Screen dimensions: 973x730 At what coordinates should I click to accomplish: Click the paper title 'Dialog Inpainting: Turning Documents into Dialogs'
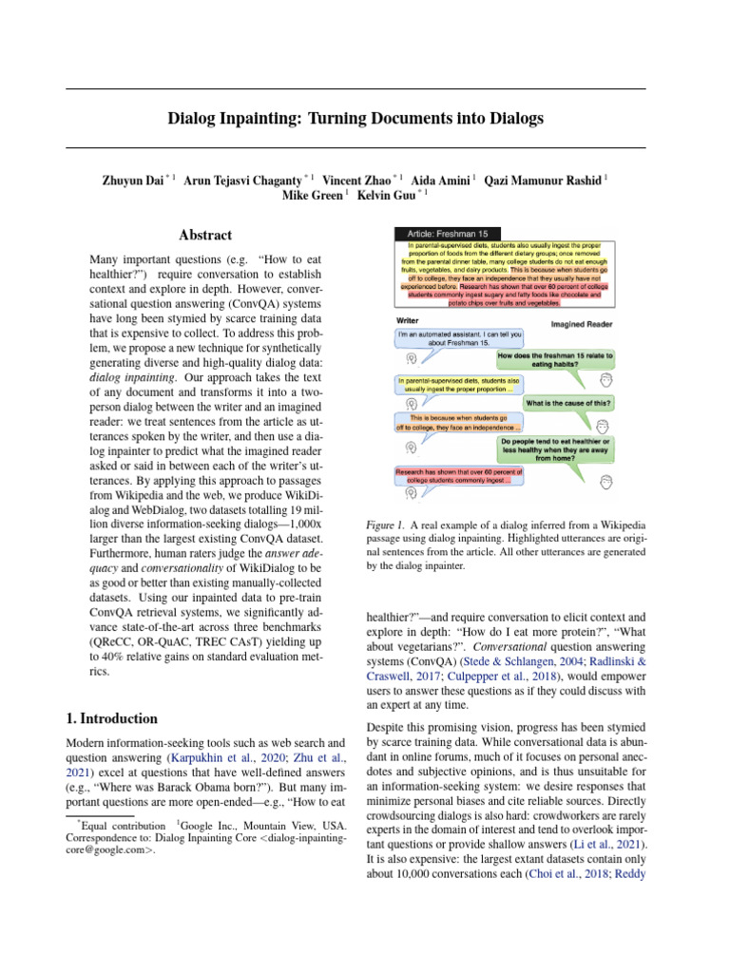355,119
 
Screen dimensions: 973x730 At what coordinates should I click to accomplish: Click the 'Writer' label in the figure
407,321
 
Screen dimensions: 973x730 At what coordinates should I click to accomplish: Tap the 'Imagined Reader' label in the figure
583,324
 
